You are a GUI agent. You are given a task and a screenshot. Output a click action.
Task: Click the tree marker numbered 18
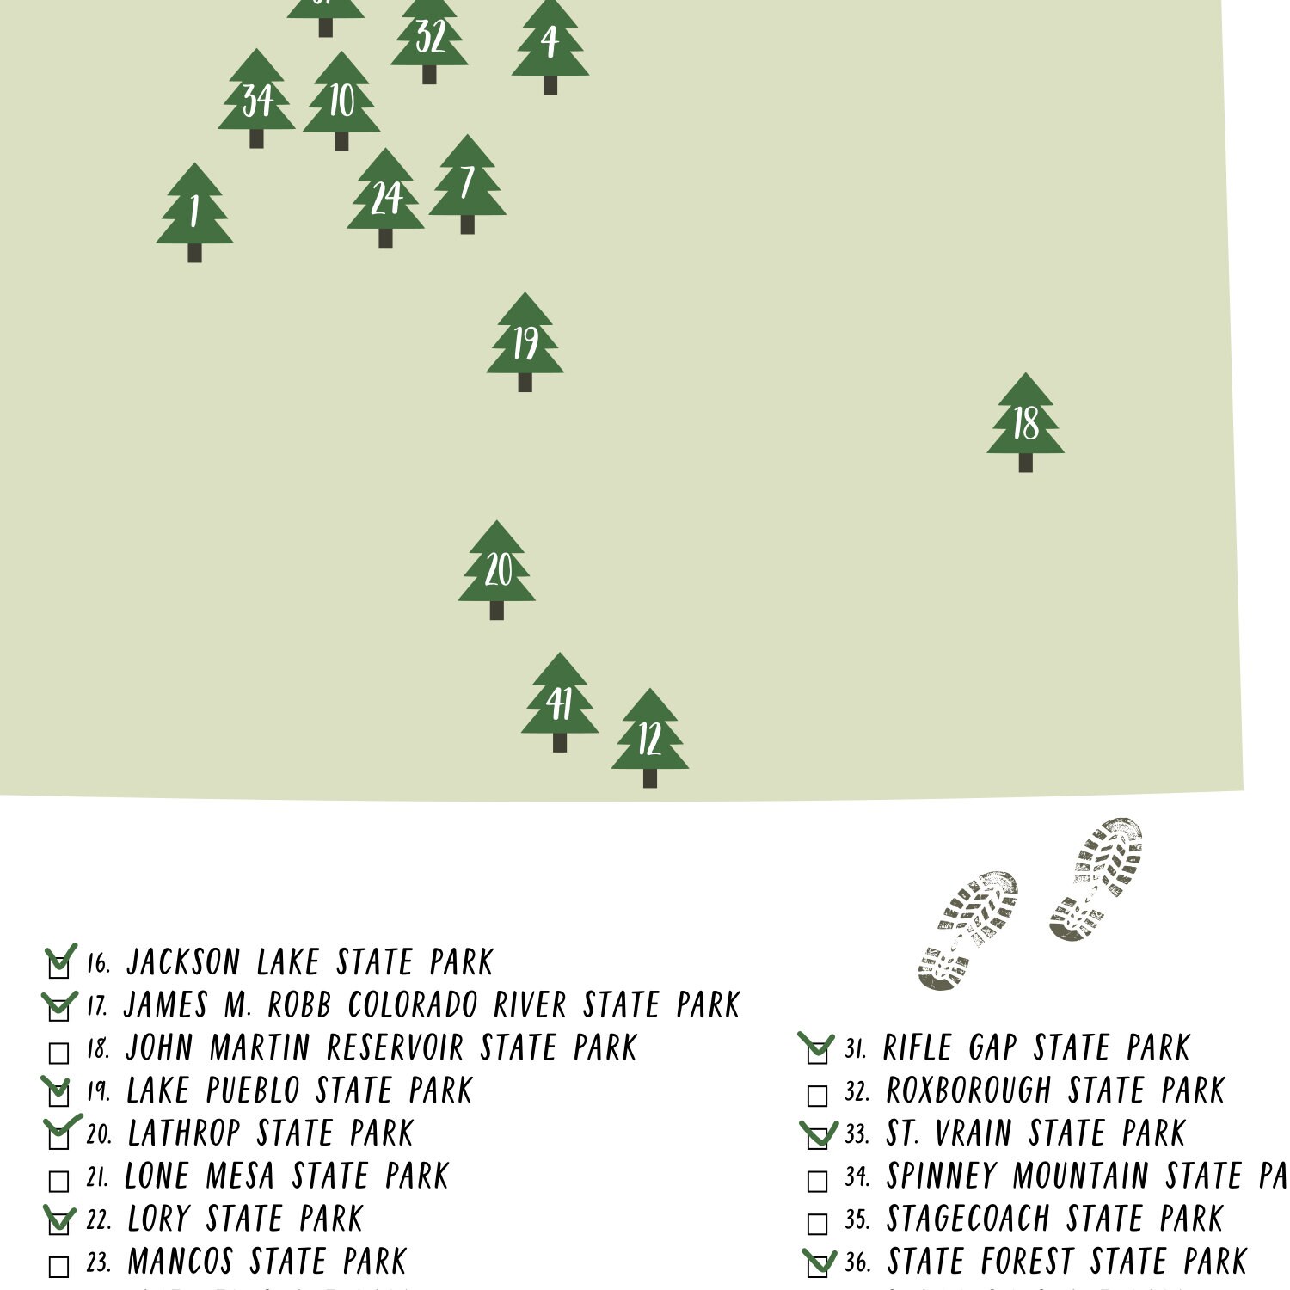point(1025,421)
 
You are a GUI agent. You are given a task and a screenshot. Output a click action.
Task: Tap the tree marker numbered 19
point(525,341)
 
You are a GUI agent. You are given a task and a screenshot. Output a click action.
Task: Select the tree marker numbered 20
point(496,569)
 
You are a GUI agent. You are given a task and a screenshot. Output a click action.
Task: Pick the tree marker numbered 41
point(559,702)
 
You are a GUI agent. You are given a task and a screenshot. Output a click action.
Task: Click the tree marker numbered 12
point(649,737)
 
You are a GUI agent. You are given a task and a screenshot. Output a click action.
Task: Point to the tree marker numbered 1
point(194,212)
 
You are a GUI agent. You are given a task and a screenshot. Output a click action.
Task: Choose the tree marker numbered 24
point(385,197)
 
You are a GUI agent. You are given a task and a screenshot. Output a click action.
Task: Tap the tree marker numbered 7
point(467,183)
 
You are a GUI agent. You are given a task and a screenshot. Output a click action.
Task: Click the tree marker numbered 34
point(256,98)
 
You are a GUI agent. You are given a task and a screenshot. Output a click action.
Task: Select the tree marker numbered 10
point(341,101)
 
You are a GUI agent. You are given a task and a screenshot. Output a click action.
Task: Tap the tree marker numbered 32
point(429,36)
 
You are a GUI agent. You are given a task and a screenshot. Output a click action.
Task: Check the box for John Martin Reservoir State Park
point(58,1053)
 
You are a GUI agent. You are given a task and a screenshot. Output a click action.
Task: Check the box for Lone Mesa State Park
point(58,1181)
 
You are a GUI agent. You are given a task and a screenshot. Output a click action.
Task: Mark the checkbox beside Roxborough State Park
point(817,1095)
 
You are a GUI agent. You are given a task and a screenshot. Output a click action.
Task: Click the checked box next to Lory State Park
point(58,1222)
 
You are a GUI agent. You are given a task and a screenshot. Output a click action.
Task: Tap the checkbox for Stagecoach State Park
point(817,1223)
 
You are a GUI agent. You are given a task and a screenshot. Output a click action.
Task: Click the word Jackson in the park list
point(183,962)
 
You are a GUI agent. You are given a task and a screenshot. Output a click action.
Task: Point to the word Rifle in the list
point(917,1048)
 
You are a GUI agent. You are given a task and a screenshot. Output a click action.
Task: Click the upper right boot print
point(1096,877)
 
